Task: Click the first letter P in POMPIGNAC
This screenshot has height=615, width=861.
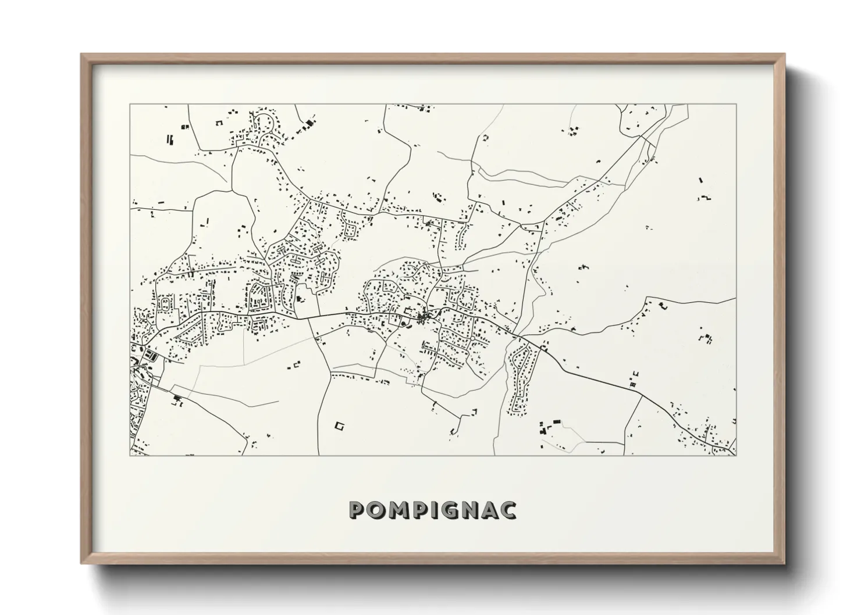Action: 357,510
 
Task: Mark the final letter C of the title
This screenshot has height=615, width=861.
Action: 508,510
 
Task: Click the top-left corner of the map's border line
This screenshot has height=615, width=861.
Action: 130,105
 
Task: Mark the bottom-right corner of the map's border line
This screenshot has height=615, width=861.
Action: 736,455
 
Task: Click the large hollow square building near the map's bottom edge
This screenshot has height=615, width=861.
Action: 339,426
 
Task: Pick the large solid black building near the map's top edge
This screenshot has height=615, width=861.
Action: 309,123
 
